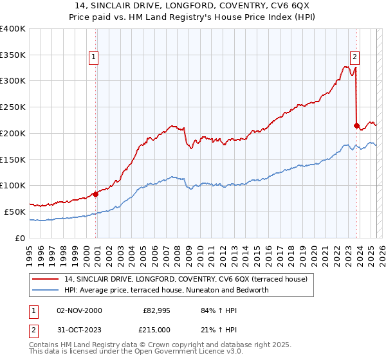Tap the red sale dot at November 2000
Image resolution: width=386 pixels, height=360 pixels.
tap(95, 194)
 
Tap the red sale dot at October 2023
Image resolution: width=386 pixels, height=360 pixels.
tap(356, 125)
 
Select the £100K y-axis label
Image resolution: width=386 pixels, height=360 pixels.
tap(13, 185)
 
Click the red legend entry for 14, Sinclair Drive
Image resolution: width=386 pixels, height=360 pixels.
tap(186, 279)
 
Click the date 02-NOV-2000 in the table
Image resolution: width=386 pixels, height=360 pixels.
tap(79, 310)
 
